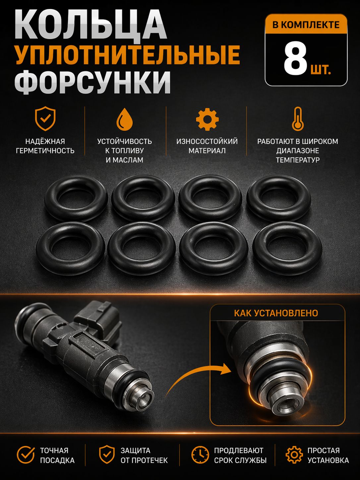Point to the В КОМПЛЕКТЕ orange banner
point(306,25)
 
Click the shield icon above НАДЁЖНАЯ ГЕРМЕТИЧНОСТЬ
point(45,119)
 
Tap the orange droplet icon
point(125,119)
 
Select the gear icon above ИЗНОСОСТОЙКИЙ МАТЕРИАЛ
point(207,119)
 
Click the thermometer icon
point(298,119)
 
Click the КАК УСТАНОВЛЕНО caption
point(276,313)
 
